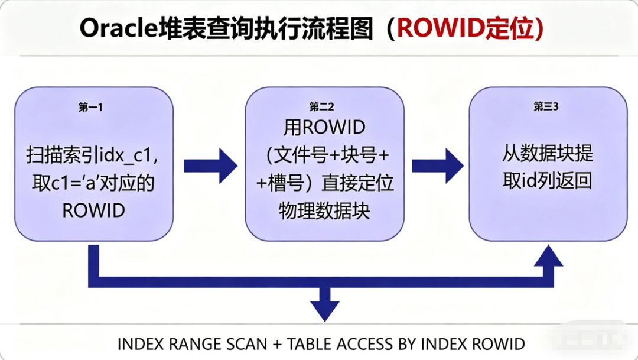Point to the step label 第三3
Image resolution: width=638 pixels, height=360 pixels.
click(547, 107)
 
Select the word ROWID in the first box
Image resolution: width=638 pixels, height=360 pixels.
click(94, 210)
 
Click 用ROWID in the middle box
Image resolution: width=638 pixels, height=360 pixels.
click(325, 127)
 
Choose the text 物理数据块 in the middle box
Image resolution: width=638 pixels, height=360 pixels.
click(324, 211)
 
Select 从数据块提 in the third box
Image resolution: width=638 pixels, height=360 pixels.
click(548, 154)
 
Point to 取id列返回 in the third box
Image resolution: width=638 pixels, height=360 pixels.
click(548, 181)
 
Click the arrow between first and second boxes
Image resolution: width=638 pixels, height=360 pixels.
click(209, 166)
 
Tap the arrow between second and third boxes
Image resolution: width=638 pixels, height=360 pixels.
click(437, 166)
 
